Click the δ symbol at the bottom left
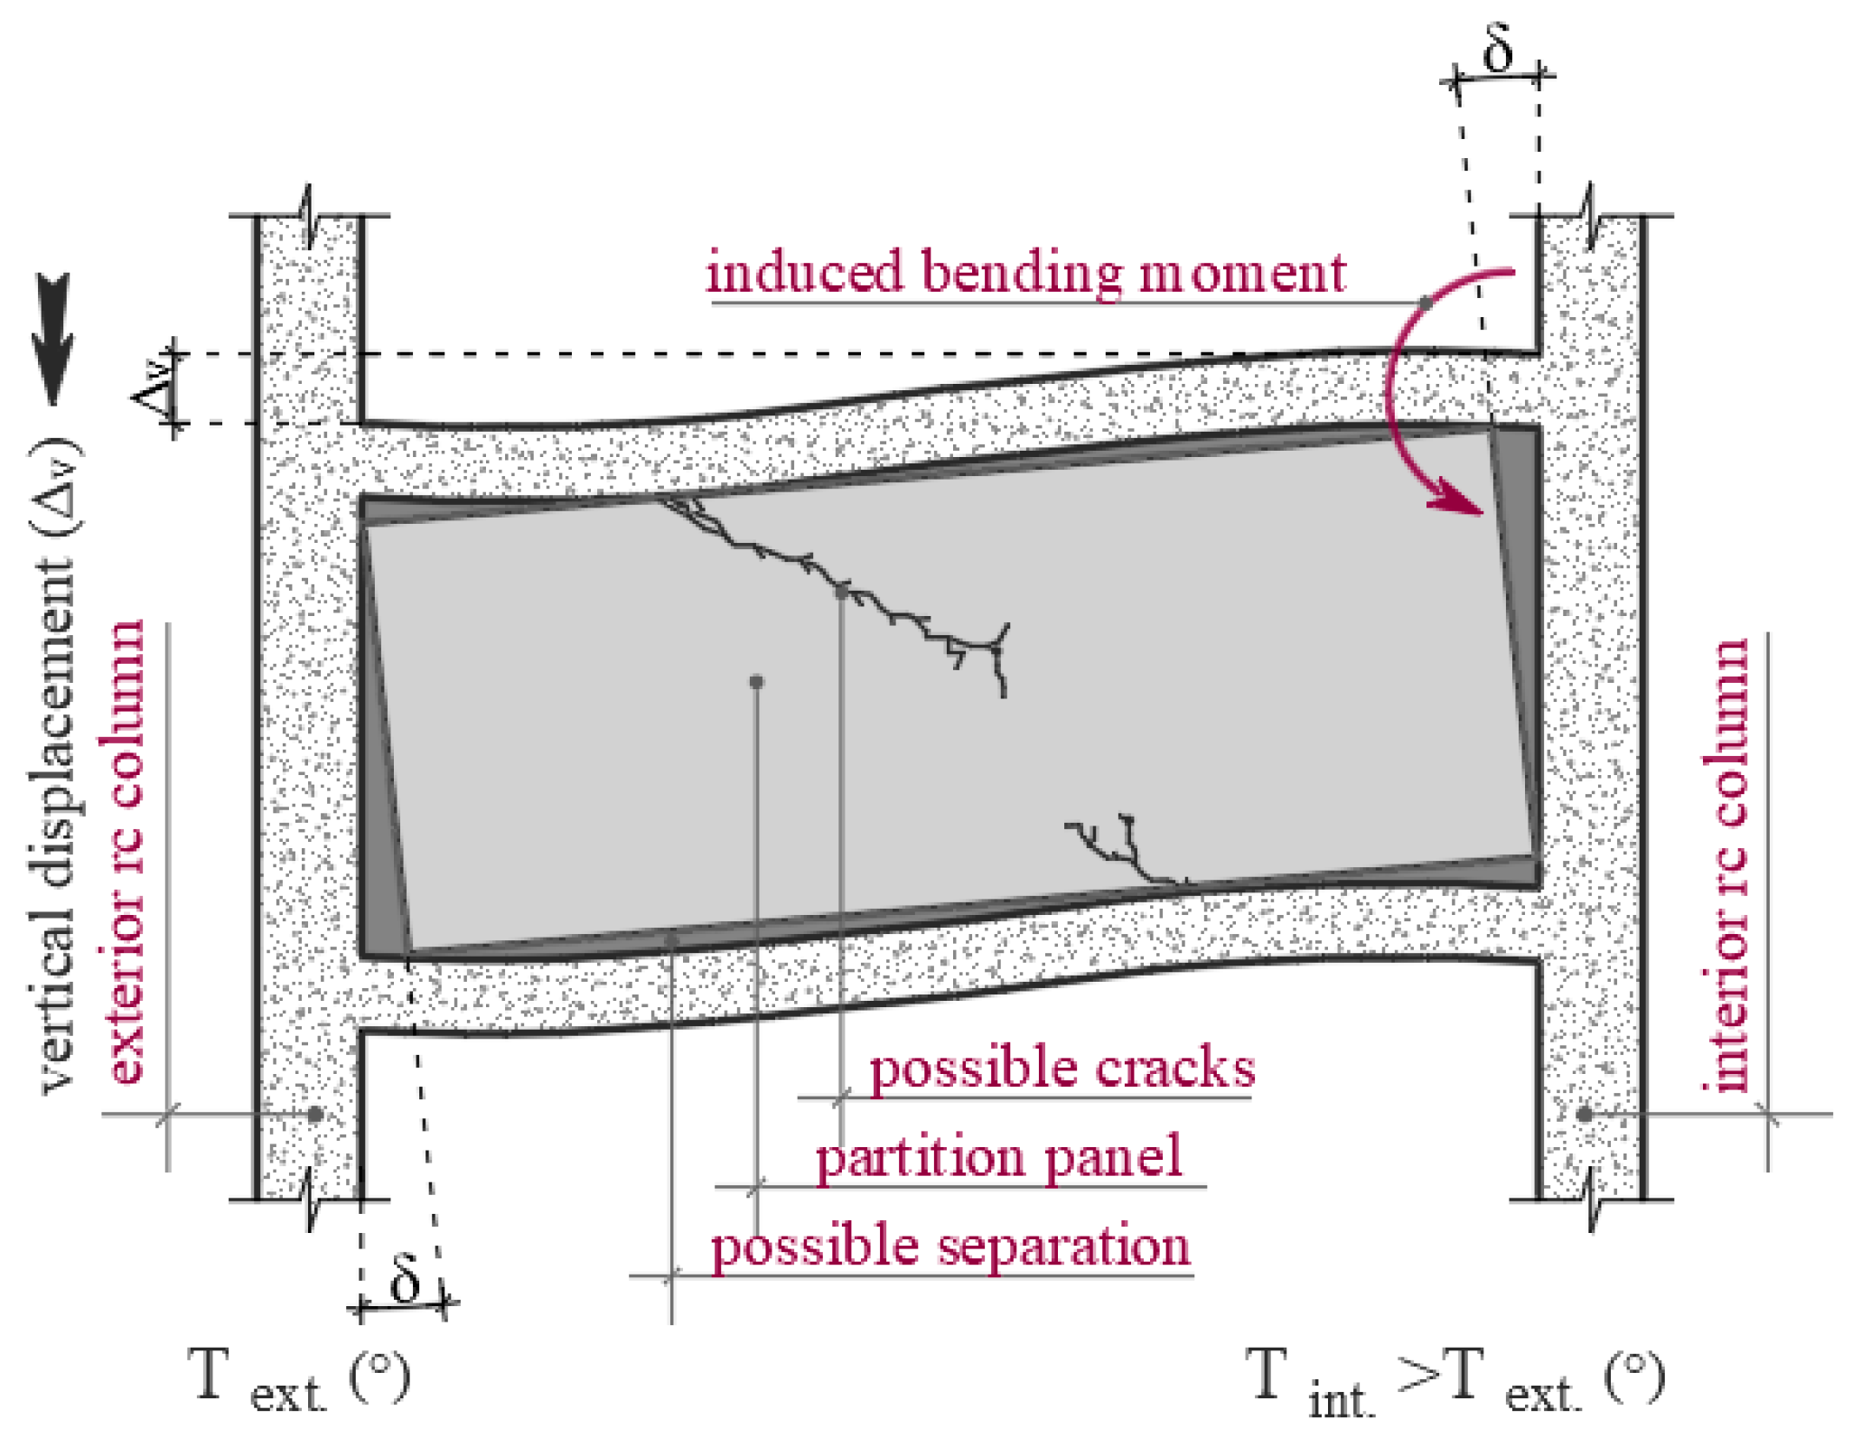coord(406,1277)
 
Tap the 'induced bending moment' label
coord(1025,272)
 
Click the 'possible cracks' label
coord(1062,1069)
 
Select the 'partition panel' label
coord(998,1157)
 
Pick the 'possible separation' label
coord(950,1247)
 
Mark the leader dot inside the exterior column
coord(314,1115)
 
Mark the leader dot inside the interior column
coord(1584,1115)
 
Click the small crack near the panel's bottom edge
coord(1120,849)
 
